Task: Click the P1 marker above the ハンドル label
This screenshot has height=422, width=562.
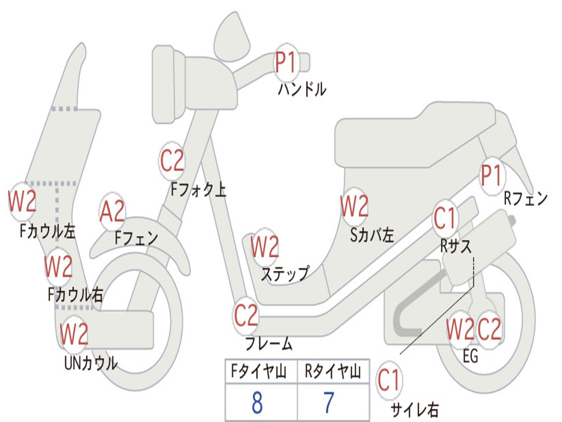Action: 285,63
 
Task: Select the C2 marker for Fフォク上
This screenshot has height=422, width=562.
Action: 172,160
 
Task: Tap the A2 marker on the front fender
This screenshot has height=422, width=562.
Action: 113,212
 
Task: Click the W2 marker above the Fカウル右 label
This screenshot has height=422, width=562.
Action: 58,266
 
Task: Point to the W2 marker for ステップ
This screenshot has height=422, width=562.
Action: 265,247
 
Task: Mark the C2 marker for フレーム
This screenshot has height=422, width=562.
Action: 246,315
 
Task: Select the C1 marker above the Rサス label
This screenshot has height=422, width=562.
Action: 445,219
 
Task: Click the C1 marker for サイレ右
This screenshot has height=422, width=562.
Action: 389,381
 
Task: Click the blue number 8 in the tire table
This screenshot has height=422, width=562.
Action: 257,403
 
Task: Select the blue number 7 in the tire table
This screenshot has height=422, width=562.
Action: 329,403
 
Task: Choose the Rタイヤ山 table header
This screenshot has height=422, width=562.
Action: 333,373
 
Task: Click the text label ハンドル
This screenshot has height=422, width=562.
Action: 302,90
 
